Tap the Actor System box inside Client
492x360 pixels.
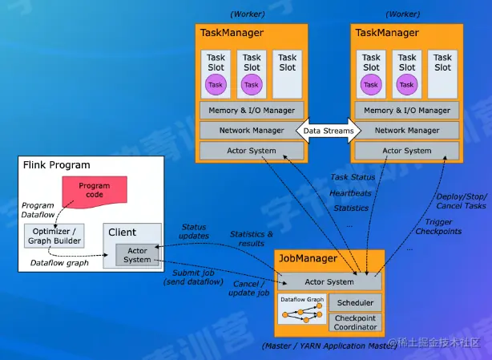(137, 254)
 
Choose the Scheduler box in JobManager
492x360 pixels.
(355, 303)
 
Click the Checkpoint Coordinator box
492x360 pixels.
(355, 323)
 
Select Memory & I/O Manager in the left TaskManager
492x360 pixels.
(251, 110)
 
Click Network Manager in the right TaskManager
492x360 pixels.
(406, 129)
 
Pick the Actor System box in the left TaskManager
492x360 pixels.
(251, 150)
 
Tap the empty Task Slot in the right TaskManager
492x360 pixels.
(443, 74)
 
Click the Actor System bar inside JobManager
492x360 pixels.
(329, 281)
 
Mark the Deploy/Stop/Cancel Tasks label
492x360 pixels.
(461, 200)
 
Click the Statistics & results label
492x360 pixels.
(251, 238)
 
